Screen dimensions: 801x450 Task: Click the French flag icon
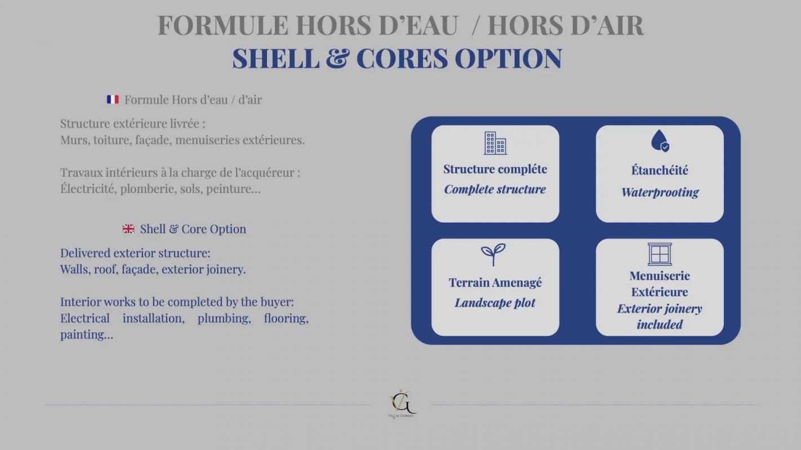pyautogui.click(x=113, y=100)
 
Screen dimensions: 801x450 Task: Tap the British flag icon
pyautogui.click(x=128, y=228)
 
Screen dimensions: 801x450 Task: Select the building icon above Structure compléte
pyautogui.click(x=495, y=143)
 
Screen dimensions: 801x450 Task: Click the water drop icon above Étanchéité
pyautogui.click(x=660, y=141)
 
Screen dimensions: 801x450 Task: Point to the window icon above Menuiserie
pyautogui.click(x=660, y=254)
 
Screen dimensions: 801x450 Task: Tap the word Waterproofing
pyautogui.click(x=660, y=192)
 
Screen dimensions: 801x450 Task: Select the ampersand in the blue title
pyautogui.click(x=337, y=58)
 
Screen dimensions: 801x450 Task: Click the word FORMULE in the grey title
pyautogui.click(x=222, y=25)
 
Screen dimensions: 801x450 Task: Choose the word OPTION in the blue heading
pyautogui.click(x=508, y=58)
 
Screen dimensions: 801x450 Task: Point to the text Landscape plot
pyautogui.click(x=495, y=303)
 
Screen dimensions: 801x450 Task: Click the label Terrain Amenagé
pyautogui.click(x=495, y=282)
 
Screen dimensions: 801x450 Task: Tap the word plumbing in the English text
pyautogui.click(x=224, y=318)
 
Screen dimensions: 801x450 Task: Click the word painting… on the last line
pyautogui.click(x=87, y=335)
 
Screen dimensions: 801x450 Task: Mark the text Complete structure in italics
pyautogui.click(x=495, y=190)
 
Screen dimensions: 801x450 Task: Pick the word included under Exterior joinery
pyautogui.click(x=660, y=325)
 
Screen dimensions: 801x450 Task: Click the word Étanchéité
pyautogui.click(x=660, y=170)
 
